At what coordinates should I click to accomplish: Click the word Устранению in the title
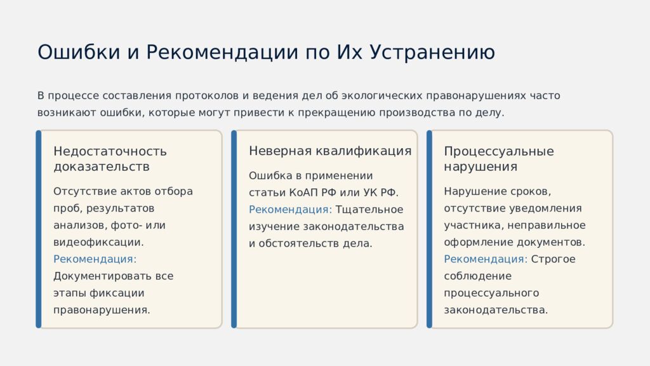point(432,52)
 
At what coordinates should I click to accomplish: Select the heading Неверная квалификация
point(330,151)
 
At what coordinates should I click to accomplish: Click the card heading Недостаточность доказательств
point(110,159)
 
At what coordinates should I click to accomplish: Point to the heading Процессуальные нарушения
point(498,159)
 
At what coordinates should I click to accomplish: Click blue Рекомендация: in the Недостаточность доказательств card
point(95,259)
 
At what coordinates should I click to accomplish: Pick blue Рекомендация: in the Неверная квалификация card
point(290,210)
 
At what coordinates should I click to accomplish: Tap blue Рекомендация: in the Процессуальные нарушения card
point(486,259)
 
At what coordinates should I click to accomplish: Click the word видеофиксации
point(98,242)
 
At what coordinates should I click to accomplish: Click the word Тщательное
point(369,210)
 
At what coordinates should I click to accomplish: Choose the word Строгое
point(553,259)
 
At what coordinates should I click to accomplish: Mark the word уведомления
point(550,208)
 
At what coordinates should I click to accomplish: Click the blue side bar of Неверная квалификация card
point(234,229)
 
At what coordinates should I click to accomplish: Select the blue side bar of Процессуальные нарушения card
point(429,229)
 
